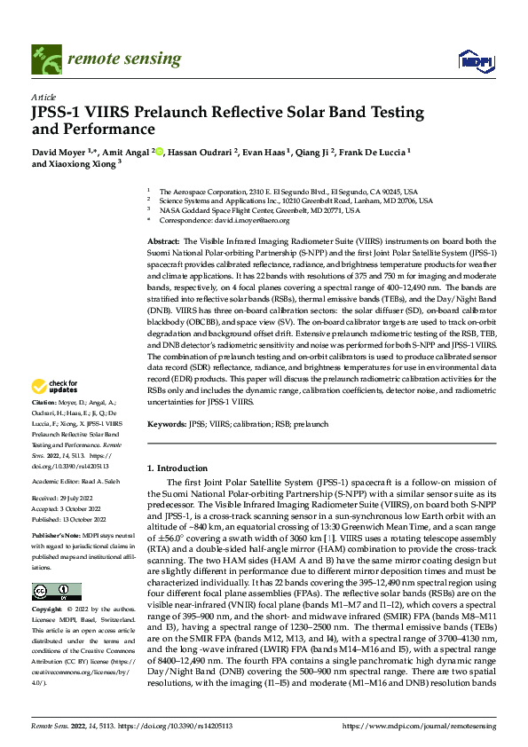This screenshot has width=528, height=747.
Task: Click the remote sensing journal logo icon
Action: coord(46,59)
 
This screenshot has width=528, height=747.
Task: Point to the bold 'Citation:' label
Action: coord(43,401)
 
